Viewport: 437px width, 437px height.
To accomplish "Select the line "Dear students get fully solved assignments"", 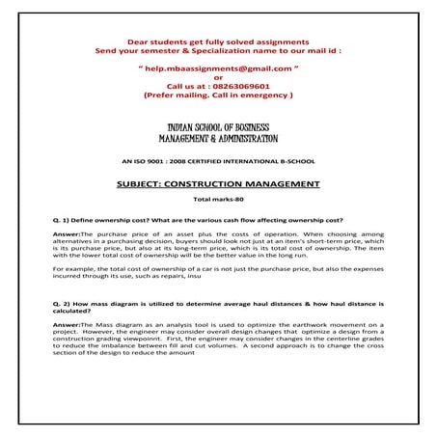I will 219,39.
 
